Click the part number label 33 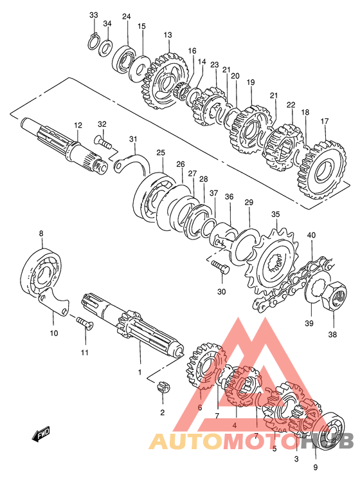[x=94, y=15]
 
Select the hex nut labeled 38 [x=334, y=297]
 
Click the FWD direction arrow [x=40, y=434]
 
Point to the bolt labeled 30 [x=220, y=267]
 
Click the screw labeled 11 [x=84, y=322]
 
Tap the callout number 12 [x=78, y=125]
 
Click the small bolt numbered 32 [x=104, y=142]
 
